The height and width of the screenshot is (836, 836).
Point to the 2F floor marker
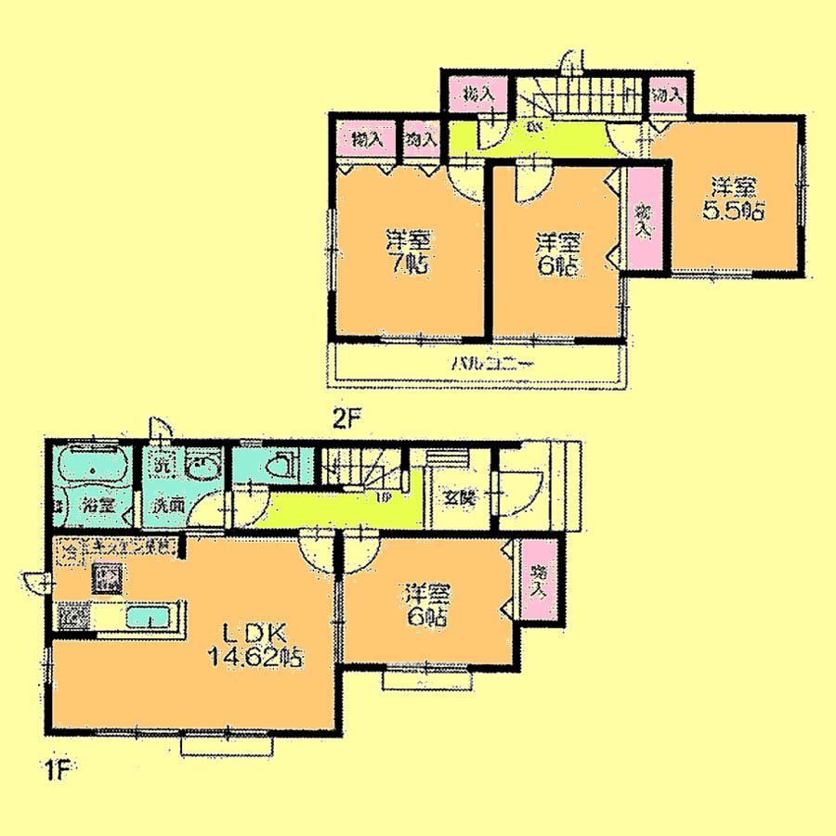[346, 419]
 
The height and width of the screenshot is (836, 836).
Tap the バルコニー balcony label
[491, 365]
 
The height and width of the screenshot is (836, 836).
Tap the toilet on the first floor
[282, 467]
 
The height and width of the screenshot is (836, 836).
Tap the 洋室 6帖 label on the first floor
[428, 603]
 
